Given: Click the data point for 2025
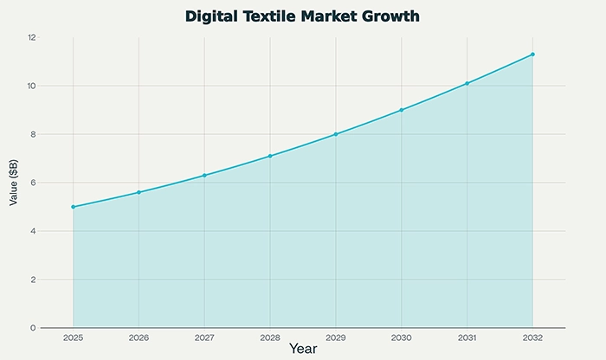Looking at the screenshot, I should pyautogui.click(x=74, y=207).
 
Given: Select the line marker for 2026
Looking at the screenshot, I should pyautogui.click(x=139, y=192).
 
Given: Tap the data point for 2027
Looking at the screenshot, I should pyautogui.click(x=204, y=176).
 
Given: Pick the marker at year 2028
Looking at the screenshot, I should pyautogui.click(x=270, y=156).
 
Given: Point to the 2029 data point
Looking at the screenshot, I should pyautogui.click(x=336, y=134).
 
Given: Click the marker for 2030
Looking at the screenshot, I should pyautogui.click(x=402, y=110).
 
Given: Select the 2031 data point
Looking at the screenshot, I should pyautogui.click(x=467, y=83).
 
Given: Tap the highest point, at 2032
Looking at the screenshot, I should pyautogui.click(x=532, y=55).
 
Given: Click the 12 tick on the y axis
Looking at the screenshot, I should pyautogui.click(x=31, y=37).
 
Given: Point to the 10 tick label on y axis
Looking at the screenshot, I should pyautogui.click(x=31, y=86).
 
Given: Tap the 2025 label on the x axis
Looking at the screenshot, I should pyautogui.click(x=74, y=337).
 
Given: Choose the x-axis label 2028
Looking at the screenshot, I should pyautogui.click(x=270, y=337).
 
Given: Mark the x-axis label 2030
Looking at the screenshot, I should pyautogui.click(x=402, y=337).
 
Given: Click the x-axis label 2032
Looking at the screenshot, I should pyautogui.click(x=532, y=337).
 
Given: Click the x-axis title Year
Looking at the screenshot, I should pyautogui.click(x=303, y=350).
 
